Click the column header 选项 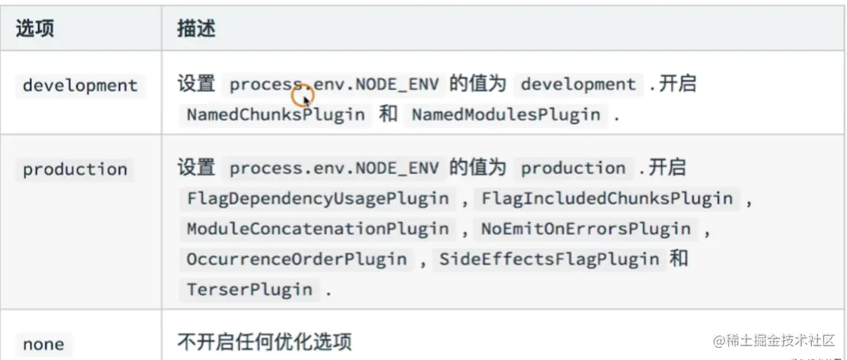(x=35, y=28)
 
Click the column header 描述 (x=196, y=28)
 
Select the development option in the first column (x=80, y=85)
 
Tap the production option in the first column (x=75, y=169)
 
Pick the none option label (x=43, y=344)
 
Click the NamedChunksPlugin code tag (x=277, y=115)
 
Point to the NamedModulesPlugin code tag (x=506, y=115)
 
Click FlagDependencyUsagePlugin (x=318, y=199)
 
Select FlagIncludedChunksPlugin (x=607, y=199)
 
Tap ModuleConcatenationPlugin (x=318, y=229)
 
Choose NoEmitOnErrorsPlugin (x=586, y=229)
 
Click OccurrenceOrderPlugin (x=297, y=259)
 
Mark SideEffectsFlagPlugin (x=549, y=259)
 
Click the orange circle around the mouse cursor (x=303, y=96)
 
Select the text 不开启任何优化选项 (x=265, y=341)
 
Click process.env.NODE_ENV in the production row (x=334, y=168)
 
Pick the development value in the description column (x=578, y=84)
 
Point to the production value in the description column (x=573, y=168)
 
